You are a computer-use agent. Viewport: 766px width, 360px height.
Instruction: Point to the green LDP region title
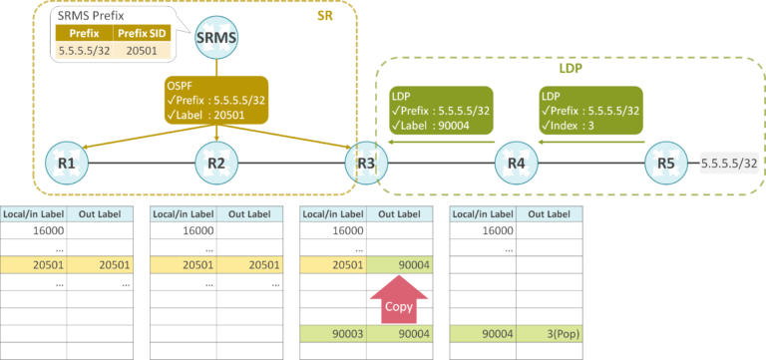pyautogui.click(x=570, y=71)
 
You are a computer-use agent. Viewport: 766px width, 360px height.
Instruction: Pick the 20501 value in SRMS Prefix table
pyautogui.click(x=138, y=50)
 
